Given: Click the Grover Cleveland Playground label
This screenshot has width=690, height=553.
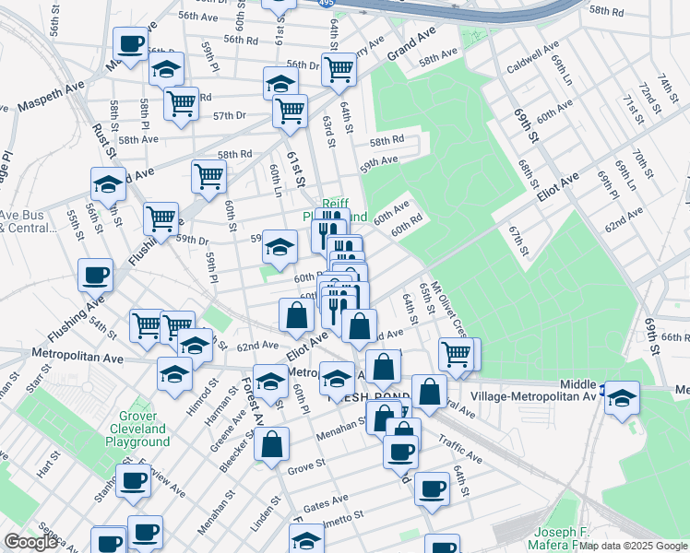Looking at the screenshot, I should [143, 429].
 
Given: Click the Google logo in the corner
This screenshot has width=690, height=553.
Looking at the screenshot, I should [30, 543].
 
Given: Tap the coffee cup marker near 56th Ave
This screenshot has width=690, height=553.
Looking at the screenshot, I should [130, 43].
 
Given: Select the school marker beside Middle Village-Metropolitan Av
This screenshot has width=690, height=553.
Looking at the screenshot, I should [623, 397].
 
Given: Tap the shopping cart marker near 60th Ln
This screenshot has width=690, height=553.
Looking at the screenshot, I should [209, 174].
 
